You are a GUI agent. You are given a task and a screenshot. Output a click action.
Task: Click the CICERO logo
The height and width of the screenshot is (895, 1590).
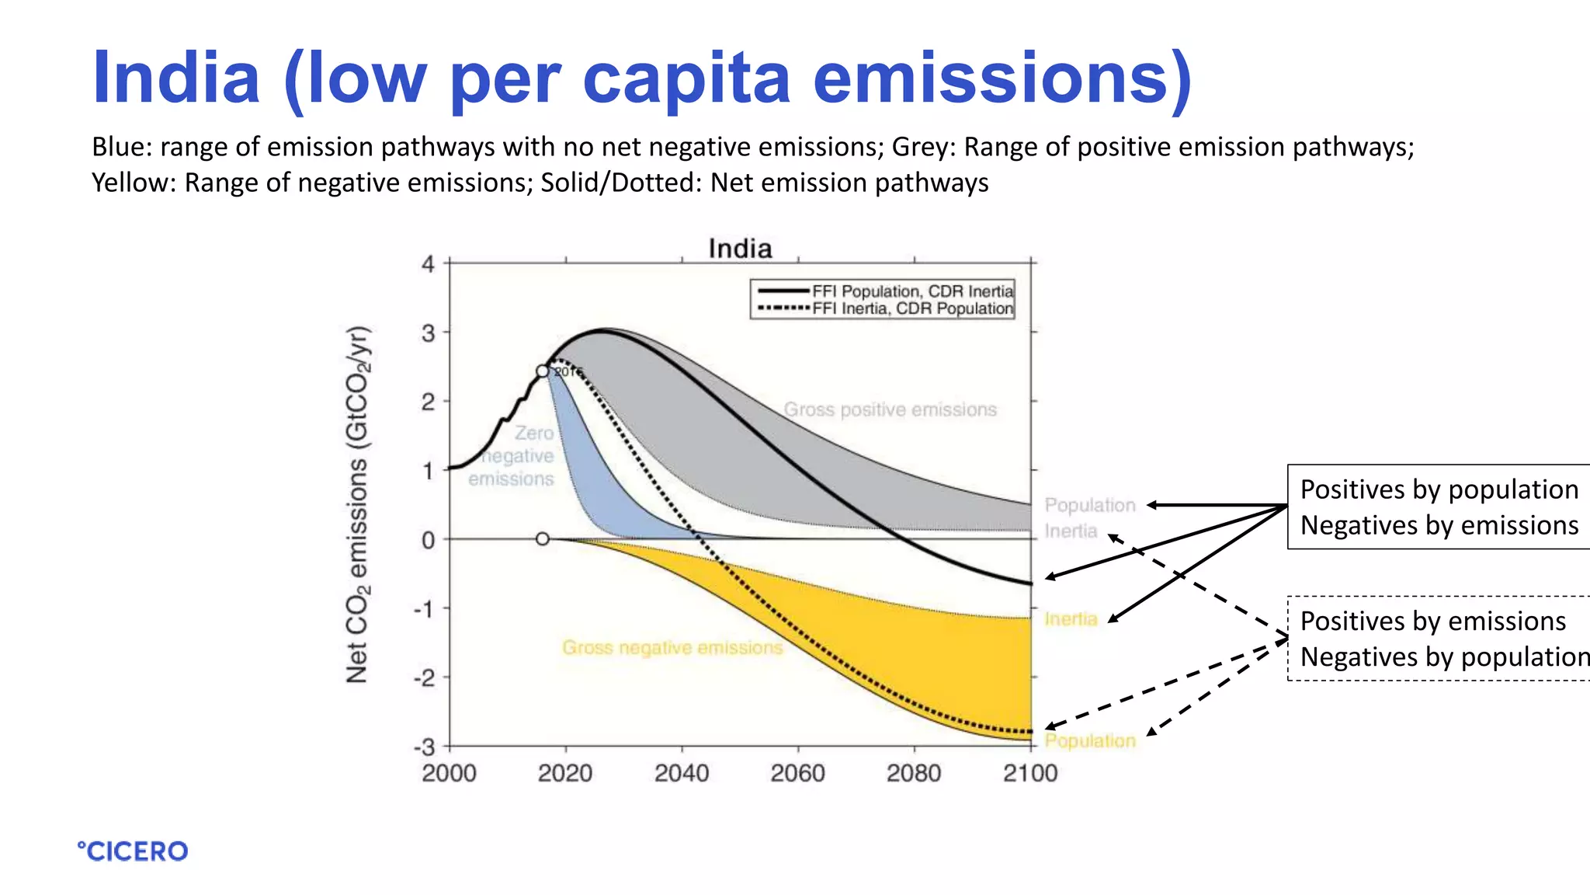(x=133, y=851)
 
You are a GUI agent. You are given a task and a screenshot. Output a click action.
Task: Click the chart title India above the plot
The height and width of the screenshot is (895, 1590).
(x=740, y=249)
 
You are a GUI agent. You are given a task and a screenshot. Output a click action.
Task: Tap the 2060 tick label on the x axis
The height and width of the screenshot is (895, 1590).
(x=797, y=773)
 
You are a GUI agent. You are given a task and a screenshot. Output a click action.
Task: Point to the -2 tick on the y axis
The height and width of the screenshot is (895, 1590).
(x=426, y=677)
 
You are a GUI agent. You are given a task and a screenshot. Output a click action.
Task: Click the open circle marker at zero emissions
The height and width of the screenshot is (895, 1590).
(x=543, y=538)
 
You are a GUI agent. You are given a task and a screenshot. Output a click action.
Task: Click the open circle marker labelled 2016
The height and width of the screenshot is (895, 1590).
(x=543, y=371)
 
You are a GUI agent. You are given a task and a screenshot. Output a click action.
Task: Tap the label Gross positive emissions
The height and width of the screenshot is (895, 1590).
(x=890, y=409)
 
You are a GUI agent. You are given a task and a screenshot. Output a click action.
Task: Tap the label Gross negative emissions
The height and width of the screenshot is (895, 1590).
(x=672, y=647)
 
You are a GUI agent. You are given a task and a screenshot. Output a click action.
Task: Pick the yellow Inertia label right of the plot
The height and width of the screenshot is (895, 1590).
(x=1071, y=619)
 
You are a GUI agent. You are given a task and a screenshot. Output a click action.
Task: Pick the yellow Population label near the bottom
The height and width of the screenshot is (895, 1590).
(x=1089, y=740)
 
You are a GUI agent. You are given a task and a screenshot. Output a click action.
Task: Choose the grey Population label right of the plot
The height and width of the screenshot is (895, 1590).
(x=1089, y=505)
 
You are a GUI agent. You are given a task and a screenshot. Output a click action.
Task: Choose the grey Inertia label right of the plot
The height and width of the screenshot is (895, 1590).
(x=1071, y=531)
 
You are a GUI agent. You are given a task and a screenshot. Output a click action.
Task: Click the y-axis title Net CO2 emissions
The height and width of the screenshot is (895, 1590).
(x=358, y=505)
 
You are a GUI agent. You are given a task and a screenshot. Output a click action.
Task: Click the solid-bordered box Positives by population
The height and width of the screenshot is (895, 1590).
(x=1439, y=507)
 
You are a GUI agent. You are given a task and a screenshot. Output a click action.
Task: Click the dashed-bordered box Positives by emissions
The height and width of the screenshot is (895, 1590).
(x=1439, y=639)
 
